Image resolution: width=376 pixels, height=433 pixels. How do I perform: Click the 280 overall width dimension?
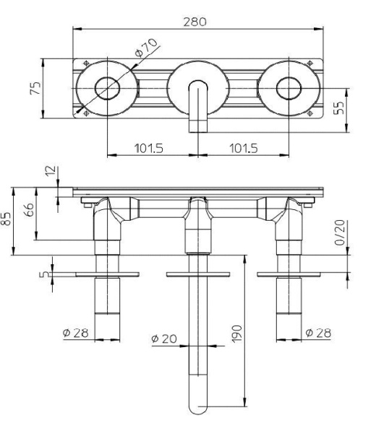(195, 22)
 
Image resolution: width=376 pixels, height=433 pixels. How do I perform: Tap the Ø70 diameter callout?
(146, 48)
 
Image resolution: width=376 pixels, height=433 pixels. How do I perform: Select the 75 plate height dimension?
(35, 88)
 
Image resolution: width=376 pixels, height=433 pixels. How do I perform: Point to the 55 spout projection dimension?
(338, 108)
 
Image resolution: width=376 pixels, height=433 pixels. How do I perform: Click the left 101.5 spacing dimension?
(149, 148)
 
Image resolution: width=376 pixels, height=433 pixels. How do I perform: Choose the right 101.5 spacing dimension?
(244, 148)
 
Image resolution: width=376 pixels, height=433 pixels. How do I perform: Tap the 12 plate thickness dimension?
(51, 171)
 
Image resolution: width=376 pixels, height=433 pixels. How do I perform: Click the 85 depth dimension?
(6, 219)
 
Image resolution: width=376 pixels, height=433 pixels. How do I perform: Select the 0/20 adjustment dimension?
(339, 232)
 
